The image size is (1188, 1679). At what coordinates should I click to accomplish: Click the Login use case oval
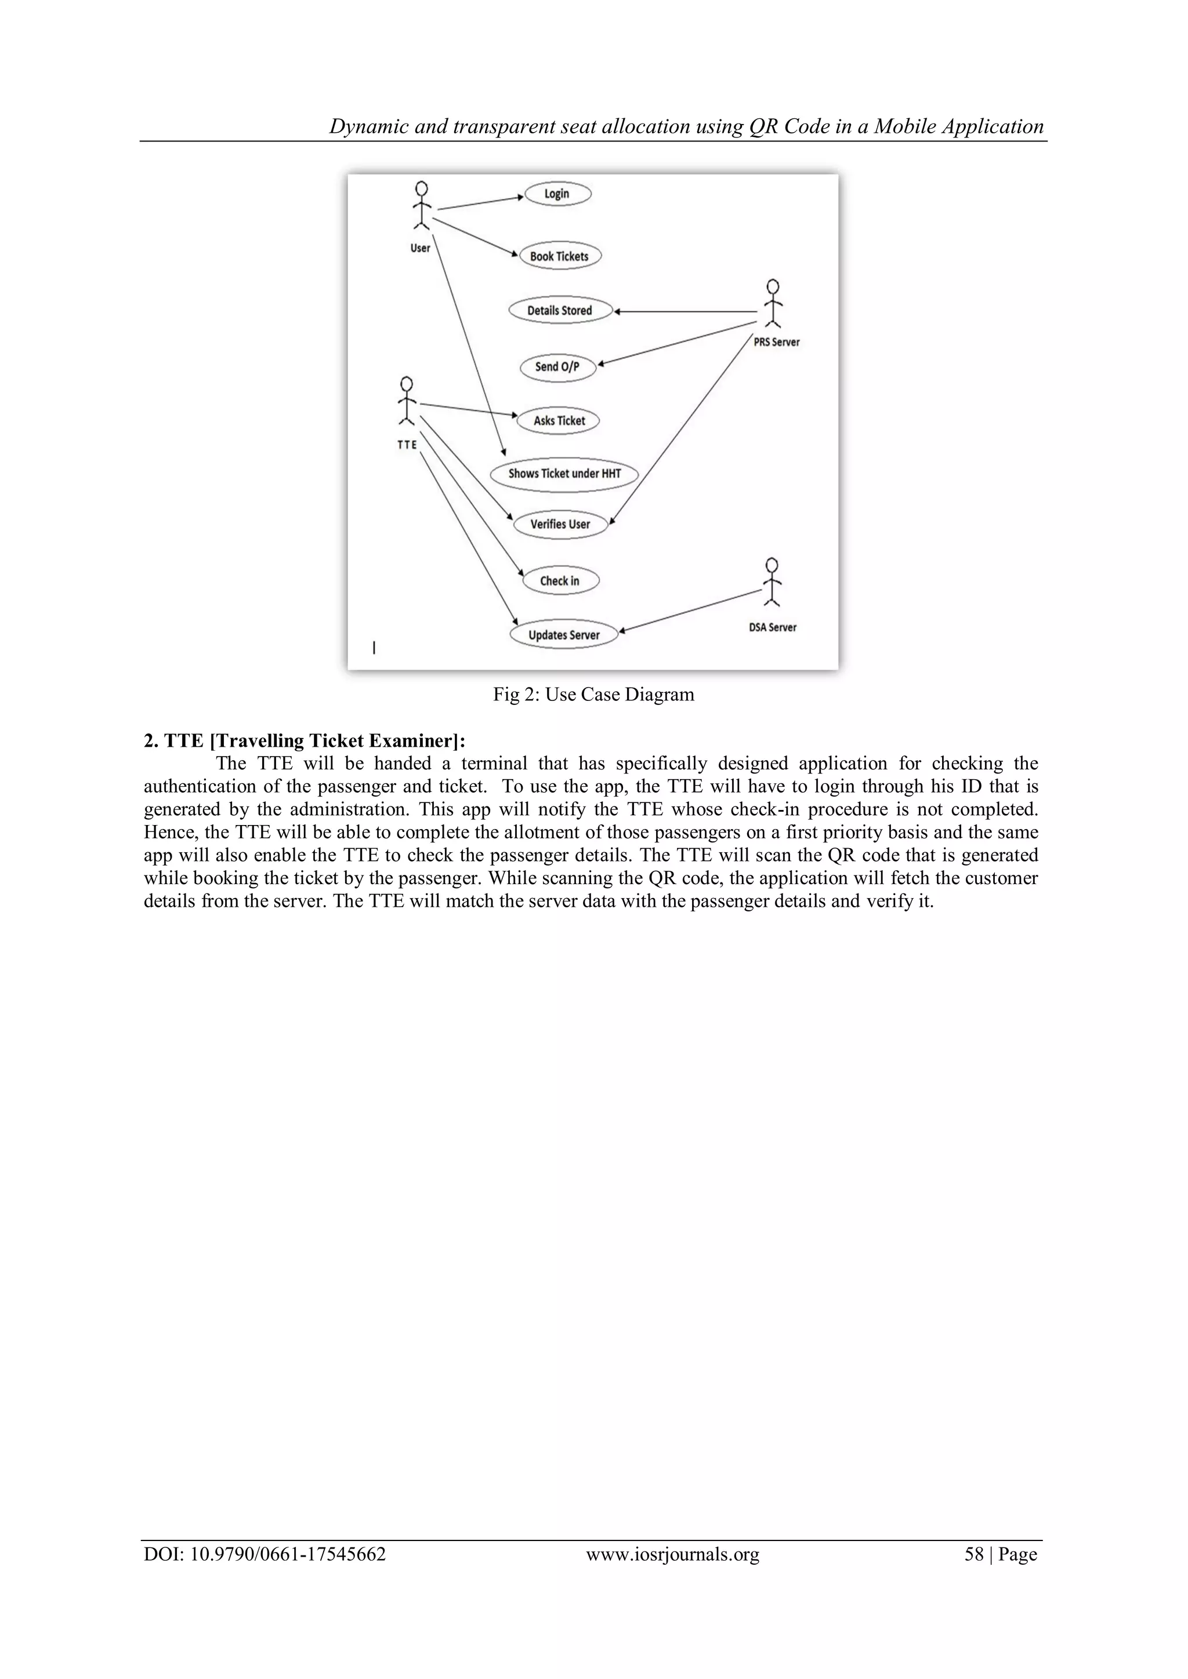point(557,194)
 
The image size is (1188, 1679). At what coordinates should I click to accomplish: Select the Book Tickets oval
point(560,256)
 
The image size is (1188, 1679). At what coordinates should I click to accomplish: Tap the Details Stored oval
point(560,310)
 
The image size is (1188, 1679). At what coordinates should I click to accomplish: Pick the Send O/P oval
point(557,367)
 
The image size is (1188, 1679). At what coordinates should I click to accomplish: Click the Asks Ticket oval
point(559,420)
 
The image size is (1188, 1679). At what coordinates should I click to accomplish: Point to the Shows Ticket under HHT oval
point(564,474)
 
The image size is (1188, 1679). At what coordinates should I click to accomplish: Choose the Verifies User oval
point(560,524)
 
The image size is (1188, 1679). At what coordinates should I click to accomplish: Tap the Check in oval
point(560,580)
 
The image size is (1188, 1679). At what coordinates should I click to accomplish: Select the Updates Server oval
point(563,635)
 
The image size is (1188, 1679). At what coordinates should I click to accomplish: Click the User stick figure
point(421,206)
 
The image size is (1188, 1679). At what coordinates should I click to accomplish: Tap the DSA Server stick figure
point(771,582)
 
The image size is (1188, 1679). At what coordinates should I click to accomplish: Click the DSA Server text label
point(773,627)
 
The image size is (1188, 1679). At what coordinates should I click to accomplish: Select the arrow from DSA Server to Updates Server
point(691,610)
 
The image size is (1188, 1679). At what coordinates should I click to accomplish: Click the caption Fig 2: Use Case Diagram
point(593,695)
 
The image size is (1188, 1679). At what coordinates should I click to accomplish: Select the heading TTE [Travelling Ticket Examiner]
point(305,741)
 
